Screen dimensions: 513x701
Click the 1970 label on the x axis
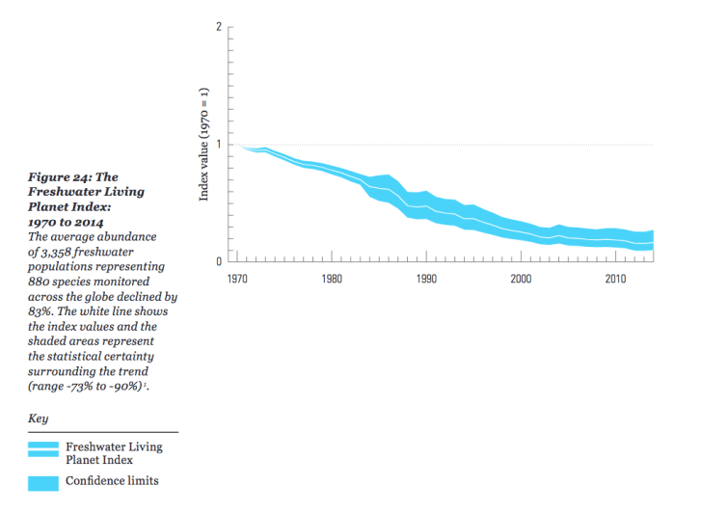pyautogui.click(x=237, y=280)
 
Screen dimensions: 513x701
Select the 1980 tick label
pyautogui.click(x=332, y=280)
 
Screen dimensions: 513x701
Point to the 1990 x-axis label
pyautogui.click(x=426, y=280)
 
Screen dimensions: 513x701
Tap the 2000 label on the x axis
pyautogui.click(x=521, y=280)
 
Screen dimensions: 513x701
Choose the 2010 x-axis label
pyautogui.click(x=615, y=280)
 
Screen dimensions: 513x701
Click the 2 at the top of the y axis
pyautogui.click(x=219, y=26)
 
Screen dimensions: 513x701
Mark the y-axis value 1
pyautogui.click(x=219, y=145)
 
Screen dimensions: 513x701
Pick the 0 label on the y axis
pyautogui.click(x=219, y=261)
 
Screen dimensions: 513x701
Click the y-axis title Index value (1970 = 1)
pyautogui.click(x=204, y=145)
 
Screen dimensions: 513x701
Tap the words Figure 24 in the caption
pyautogui.click(x=61, y=177)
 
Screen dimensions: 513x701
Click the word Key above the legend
pyautogui.click(x=39, y=419)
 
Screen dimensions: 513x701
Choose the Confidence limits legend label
pyautogui.click(x=112, y=480)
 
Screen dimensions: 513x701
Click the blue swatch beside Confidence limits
pyautogui.click(x=43, y=481)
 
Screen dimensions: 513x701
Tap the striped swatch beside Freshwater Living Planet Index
pyautogui.click(x=43, y=448)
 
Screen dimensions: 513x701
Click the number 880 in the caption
pyautogui.click(x=43, y=282)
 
